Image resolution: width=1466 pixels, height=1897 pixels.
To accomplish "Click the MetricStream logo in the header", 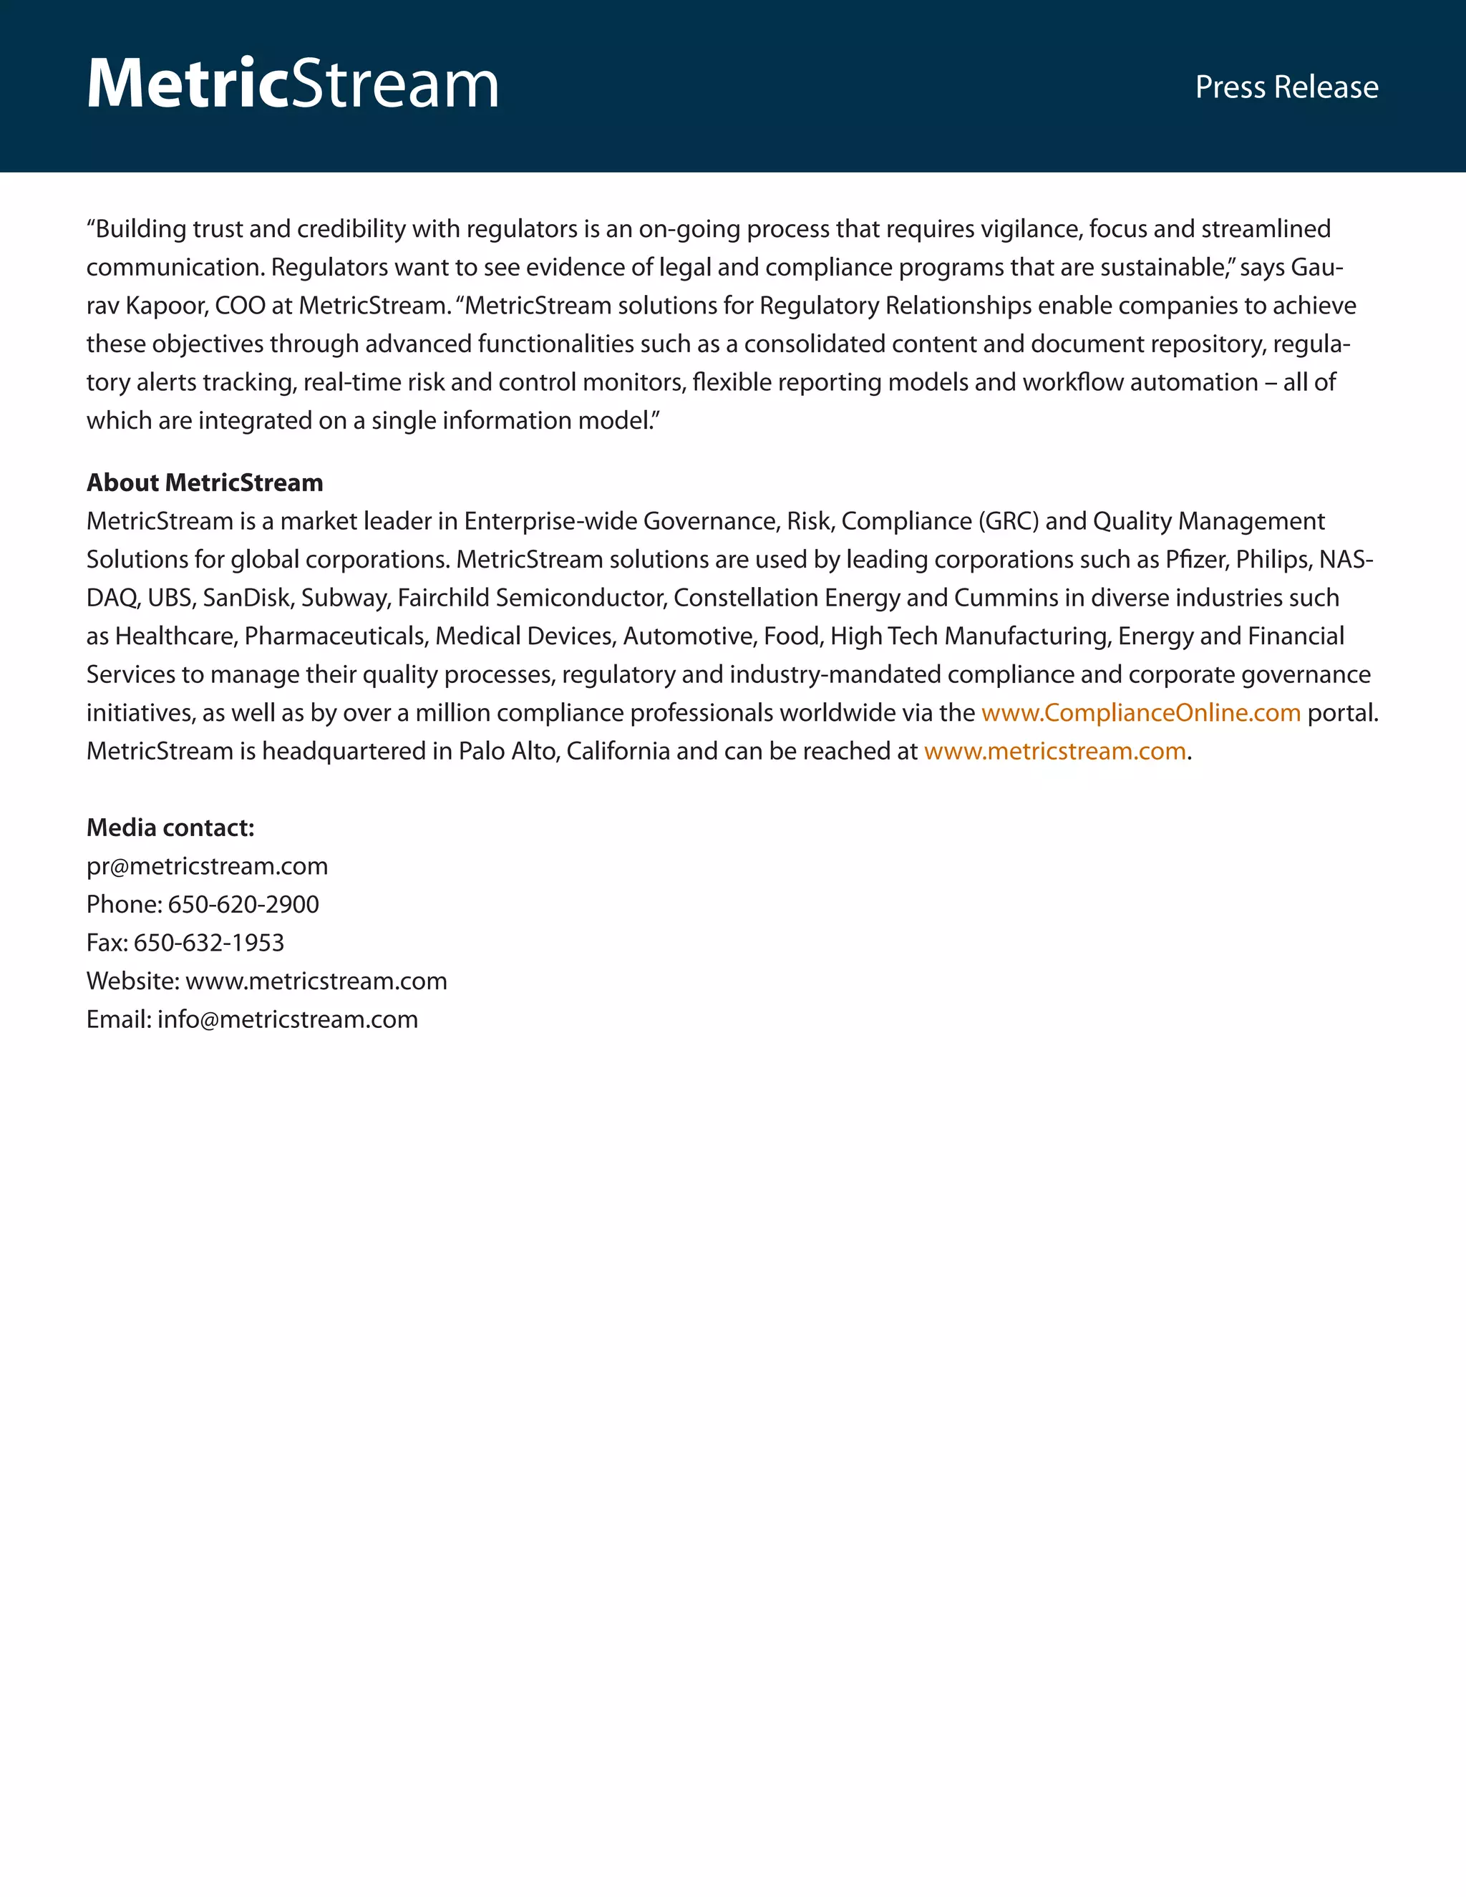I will (x=293, y=84).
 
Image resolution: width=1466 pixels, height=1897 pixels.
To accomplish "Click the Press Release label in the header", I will (x=1286, y=87).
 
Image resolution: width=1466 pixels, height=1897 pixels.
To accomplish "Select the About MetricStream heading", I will (x=204, y=483).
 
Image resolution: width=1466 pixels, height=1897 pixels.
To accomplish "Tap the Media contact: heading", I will (x=170, y=828).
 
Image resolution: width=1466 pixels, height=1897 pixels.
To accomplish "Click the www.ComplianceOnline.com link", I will (x=1140, y=713).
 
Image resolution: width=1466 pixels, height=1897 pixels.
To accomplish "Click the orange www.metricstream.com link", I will (x=1054, y=752).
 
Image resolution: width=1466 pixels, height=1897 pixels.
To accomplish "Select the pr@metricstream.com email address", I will (x=207, y=866).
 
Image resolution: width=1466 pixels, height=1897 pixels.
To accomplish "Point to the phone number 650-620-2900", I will (x=243, y=904).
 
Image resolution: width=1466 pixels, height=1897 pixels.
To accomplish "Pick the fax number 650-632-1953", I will (x=208, y=943).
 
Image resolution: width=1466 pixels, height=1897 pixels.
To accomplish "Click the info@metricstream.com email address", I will (x=288, y=1019).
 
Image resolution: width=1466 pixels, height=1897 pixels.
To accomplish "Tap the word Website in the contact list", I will (x=132, y=981).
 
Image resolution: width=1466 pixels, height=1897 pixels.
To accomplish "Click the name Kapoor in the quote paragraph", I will (x=163, y=306).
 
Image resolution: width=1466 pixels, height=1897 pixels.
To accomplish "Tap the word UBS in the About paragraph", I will (x=170, y=598).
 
